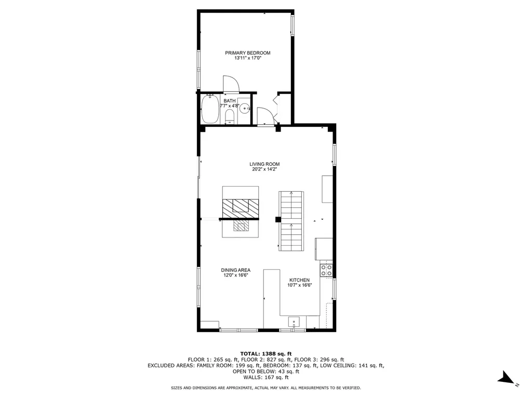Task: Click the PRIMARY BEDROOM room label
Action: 247,53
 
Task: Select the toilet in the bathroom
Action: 230,116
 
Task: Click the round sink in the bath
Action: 244,108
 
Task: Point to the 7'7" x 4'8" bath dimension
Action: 229,106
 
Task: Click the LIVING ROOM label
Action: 264,164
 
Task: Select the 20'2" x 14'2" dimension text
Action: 264,170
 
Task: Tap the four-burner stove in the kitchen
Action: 326,270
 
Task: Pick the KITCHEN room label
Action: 300,280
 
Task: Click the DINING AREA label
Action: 235,270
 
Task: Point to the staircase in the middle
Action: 291,221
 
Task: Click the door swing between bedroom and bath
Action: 230,84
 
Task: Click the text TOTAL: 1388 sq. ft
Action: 265,353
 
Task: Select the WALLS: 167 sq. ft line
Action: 265,377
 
